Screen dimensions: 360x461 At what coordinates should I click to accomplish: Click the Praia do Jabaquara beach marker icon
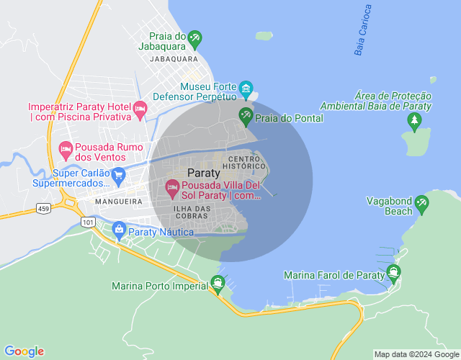(194, 37)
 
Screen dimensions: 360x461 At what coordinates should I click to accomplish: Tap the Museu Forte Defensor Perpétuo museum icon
(246, 90)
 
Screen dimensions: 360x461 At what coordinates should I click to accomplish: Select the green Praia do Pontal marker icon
(246, 115)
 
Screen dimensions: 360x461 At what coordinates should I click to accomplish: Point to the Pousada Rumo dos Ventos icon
(66, 150)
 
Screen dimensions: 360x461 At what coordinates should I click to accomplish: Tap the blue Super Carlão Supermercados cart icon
(119, 174)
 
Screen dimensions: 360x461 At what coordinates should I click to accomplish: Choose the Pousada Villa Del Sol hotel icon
(172, 189)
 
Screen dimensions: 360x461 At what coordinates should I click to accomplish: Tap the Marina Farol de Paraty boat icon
(393, 271)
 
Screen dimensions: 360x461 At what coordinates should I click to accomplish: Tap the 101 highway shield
(89, 223)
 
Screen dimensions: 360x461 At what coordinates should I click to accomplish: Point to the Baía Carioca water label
(364, 30)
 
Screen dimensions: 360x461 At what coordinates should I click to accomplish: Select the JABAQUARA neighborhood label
(174, 59)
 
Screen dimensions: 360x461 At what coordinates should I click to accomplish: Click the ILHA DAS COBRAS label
(192, 213)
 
